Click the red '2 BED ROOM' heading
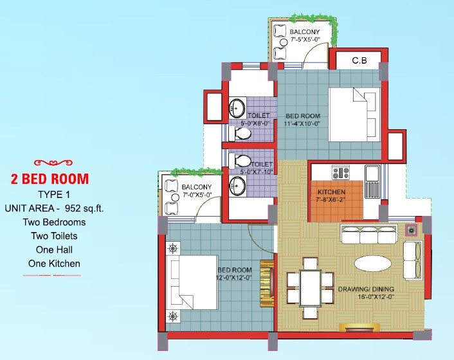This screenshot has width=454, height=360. pos(50,179)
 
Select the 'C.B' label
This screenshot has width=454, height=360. pos(359,61)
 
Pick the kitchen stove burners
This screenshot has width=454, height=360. pos(340,173)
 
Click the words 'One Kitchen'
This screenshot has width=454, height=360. pos(54,263)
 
